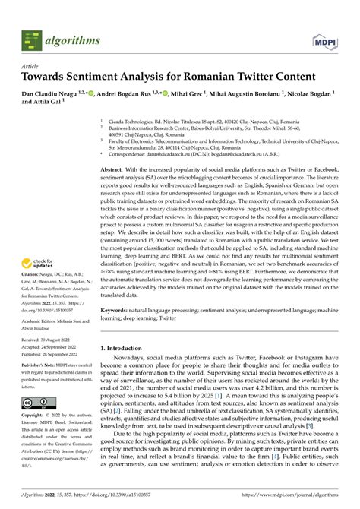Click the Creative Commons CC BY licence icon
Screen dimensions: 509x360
36,402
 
